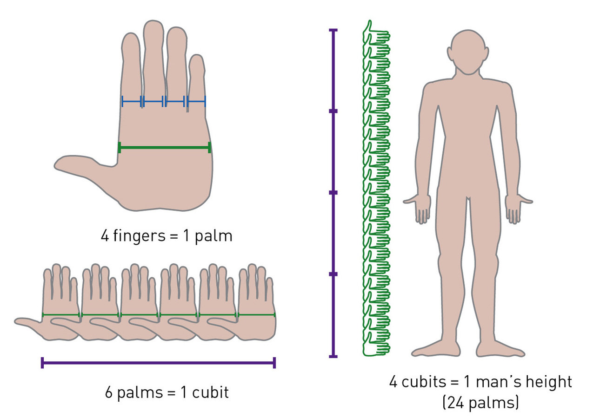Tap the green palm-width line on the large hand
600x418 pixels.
click(165, 148)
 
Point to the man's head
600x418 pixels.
click(468, 51)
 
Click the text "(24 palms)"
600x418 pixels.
click(480, 402)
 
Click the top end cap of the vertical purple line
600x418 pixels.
click(333, 30)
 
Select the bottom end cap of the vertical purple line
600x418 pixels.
click(333, 356)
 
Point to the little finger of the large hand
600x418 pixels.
click(196, 70)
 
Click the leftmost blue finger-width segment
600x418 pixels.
click(132, 101)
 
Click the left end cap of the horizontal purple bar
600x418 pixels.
click(42, 363)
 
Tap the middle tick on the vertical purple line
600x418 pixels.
click(333, 192)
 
